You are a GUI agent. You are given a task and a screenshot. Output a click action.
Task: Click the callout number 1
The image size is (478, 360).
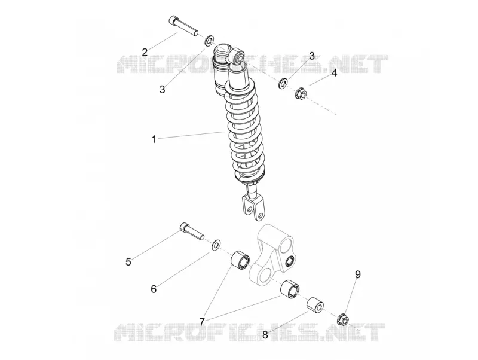[154, 139]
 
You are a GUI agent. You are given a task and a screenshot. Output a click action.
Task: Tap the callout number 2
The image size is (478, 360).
[145, 52]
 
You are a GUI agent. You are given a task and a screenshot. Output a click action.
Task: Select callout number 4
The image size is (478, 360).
[335, 73]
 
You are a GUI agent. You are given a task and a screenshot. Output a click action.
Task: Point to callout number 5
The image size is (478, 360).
[128, 261]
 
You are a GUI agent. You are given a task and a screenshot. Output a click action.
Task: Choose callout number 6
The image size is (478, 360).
[154, 289]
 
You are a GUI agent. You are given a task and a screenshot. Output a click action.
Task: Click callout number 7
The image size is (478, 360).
[201, 322]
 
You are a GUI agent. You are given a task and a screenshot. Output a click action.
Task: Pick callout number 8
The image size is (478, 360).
[265, 335]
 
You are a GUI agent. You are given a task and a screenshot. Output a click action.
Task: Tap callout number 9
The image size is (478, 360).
[357, 274]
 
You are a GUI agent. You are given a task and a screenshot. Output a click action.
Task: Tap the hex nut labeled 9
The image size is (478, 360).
[343, 319]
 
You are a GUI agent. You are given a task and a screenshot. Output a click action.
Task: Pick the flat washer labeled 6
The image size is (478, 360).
[216, 245]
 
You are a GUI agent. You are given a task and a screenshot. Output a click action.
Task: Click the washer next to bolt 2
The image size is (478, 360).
[209, 40]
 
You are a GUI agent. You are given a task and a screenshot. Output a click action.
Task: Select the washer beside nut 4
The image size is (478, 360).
[283, 83]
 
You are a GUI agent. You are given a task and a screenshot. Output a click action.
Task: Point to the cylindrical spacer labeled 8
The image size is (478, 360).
[315, 305]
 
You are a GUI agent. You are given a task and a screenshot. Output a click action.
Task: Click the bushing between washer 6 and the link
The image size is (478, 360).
[240, 260]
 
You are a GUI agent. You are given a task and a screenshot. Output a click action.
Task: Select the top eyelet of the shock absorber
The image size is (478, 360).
[238, 56]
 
